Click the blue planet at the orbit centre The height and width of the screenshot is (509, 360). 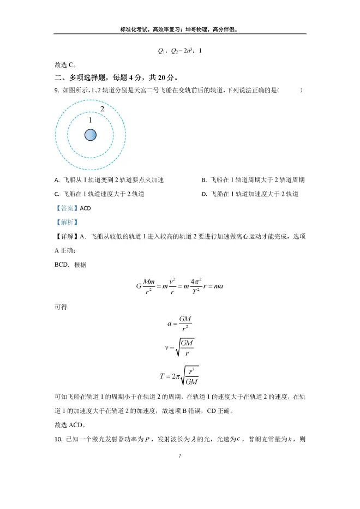[91, 135]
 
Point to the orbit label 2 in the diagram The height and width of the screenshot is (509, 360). [102, 109]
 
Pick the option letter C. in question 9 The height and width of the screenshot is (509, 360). [57, 194]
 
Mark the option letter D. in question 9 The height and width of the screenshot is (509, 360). [204, 194]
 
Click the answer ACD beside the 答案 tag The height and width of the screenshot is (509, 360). [86, 208]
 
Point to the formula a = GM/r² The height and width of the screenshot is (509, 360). [179, 324]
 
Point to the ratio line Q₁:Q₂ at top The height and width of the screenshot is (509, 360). [179, 51]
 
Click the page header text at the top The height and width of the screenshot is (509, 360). [179, 29]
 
